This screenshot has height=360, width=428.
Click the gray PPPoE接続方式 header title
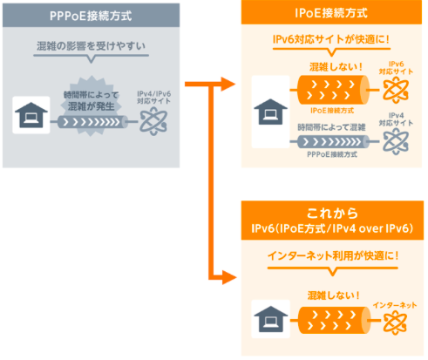91,16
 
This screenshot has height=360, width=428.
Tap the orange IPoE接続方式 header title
331,13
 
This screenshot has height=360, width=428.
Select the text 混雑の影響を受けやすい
91,46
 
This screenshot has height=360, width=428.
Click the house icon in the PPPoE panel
31,115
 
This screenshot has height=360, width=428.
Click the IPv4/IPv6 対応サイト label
153,98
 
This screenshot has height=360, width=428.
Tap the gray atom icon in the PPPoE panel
153,122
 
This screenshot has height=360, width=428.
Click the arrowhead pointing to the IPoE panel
228,85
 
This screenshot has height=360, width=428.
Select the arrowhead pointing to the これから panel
229,277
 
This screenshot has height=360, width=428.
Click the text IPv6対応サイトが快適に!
331,39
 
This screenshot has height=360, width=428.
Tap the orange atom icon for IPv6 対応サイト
396,90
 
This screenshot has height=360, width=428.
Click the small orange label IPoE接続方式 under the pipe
332,111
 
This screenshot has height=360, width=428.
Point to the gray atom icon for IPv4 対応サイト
396,142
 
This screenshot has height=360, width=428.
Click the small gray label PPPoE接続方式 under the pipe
332,154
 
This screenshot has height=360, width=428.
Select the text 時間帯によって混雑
331,127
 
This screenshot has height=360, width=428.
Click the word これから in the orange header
332,214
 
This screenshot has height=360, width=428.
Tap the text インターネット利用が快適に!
333,256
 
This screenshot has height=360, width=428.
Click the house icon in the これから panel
271,319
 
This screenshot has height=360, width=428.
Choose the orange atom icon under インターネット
395,323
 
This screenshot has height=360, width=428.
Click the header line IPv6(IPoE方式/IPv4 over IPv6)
332,228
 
